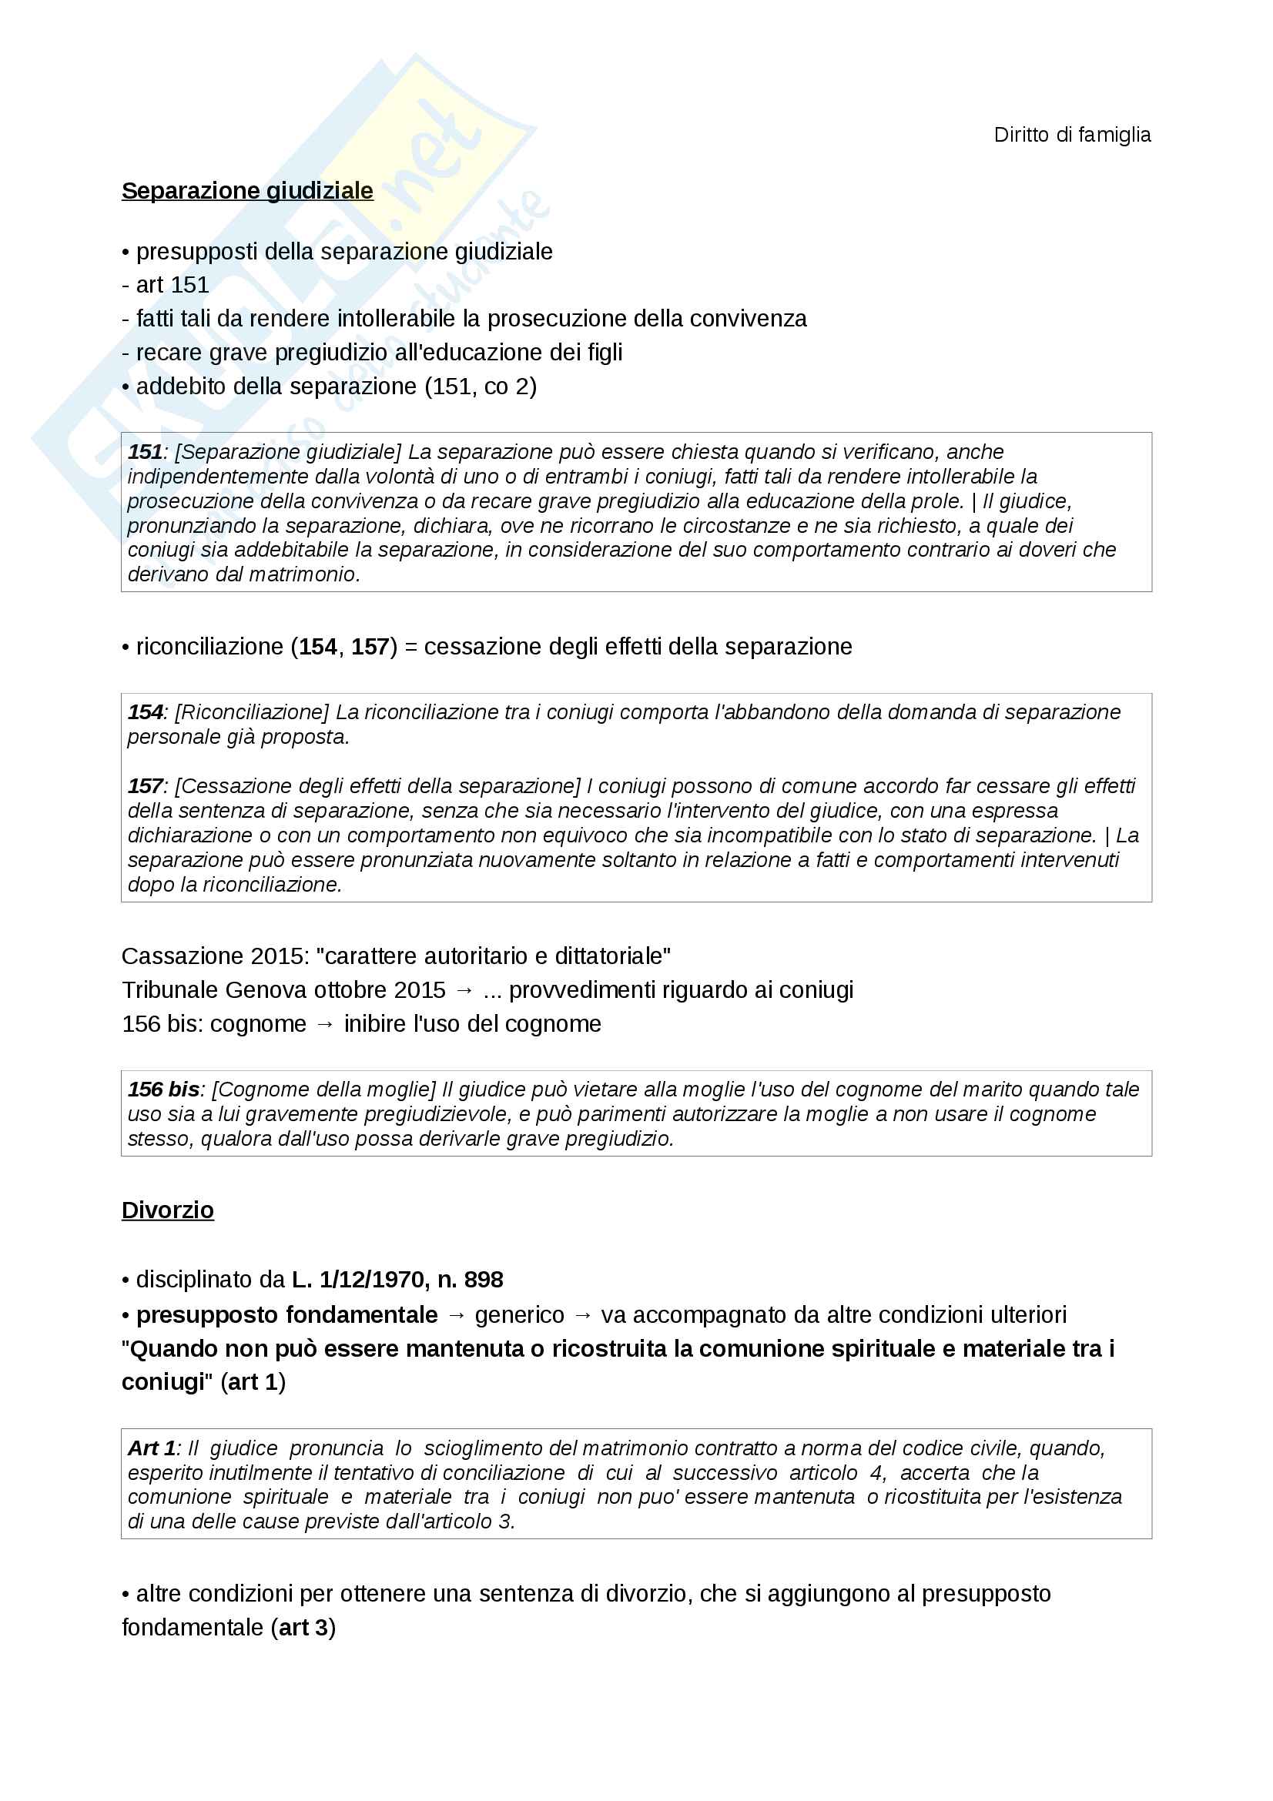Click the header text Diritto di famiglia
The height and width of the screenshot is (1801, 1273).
[1071, 135]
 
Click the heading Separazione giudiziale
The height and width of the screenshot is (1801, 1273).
[247, 191]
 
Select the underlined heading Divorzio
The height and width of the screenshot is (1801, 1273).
[167, 1210]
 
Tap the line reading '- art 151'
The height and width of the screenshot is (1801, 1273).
[166, 285]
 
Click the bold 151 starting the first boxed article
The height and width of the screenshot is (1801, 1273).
[144, 452]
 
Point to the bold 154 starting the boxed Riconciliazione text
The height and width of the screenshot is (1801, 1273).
[145, 711]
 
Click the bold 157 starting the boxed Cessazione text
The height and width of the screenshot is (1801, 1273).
[145, 786]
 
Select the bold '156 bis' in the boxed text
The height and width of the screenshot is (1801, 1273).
[163, 1089]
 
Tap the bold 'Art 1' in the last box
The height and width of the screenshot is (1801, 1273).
[152, 1448]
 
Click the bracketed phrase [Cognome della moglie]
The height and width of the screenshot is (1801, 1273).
[324, 1089]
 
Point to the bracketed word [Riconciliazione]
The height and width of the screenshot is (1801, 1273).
[252, 711]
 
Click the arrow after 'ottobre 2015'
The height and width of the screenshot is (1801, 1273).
[464, 990]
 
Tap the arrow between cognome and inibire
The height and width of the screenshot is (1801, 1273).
[325, 1023]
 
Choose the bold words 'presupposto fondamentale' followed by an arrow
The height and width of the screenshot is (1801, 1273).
[287, 1314]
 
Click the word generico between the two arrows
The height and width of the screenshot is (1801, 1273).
[519, 1314]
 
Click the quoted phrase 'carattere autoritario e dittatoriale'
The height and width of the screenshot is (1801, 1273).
[494, 956]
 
